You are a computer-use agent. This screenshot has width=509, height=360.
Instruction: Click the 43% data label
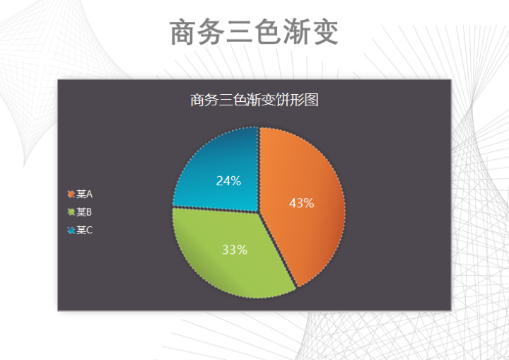point(302,204)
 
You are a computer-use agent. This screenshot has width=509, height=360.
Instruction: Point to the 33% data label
point(234,250)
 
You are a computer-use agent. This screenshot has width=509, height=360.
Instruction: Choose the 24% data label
point(228,181)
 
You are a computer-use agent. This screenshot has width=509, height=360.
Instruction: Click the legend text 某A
point(85,194)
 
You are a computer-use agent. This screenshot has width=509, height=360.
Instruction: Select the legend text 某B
point(85,212)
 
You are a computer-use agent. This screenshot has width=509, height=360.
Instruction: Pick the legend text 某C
point(85,230)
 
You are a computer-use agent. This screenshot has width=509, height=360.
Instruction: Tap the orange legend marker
point(71,194)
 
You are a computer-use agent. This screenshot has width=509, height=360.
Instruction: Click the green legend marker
point(71,212)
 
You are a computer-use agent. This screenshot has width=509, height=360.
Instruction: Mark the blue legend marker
point(71,231)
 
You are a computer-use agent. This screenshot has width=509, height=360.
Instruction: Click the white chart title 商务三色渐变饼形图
point(255,100)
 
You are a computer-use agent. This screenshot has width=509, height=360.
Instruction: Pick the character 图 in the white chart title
point(312,100)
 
